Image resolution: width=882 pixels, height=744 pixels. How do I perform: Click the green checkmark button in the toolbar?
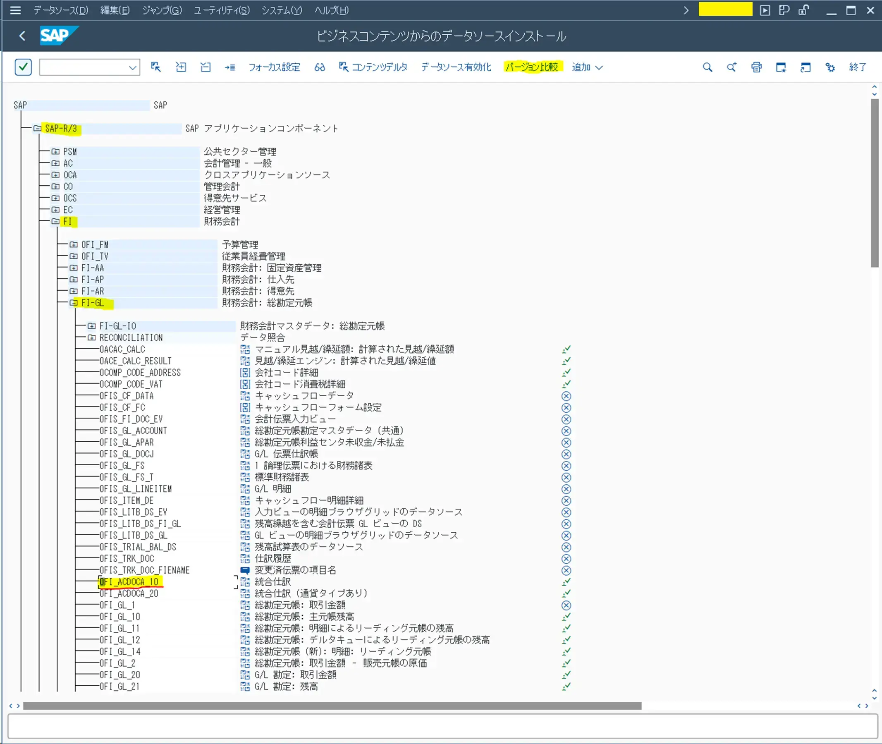point(23,67)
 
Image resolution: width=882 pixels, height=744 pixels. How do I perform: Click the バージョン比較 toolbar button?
point(532,67)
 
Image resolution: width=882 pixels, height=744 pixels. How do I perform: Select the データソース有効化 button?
point(456,67)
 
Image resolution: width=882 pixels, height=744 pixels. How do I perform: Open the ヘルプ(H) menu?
point(331,10)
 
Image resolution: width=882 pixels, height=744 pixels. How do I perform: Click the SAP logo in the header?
point(59,36)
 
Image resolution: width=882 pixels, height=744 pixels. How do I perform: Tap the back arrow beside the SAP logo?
point(22,36)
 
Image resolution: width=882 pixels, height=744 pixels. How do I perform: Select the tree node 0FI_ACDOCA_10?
point(129,582)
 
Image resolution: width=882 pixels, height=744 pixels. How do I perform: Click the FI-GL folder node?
point(92,303)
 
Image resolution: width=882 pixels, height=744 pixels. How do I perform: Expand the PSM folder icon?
point(55,151)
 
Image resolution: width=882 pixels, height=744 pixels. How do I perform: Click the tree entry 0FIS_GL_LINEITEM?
point(135,489)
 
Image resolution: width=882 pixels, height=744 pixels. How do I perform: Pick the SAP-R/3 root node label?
point(61,128)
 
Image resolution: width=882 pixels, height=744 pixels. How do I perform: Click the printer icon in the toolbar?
point(756,67)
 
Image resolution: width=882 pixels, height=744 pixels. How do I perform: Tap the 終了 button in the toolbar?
point(858,67)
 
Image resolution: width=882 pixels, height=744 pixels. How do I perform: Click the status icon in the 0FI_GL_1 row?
point(566,605)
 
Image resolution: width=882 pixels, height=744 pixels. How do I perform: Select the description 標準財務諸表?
point(282,477)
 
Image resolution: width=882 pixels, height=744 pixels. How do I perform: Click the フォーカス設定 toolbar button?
point(274,67)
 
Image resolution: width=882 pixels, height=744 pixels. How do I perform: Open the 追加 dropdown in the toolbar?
point(587,67)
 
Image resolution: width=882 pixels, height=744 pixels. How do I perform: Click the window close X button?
point(870,10)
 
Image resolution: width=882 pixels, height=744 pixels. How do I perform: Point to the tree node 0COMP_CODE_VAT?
point(131,384)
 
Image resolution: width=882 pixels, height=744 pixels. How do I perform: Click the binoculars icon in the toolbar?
point(320,67)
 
